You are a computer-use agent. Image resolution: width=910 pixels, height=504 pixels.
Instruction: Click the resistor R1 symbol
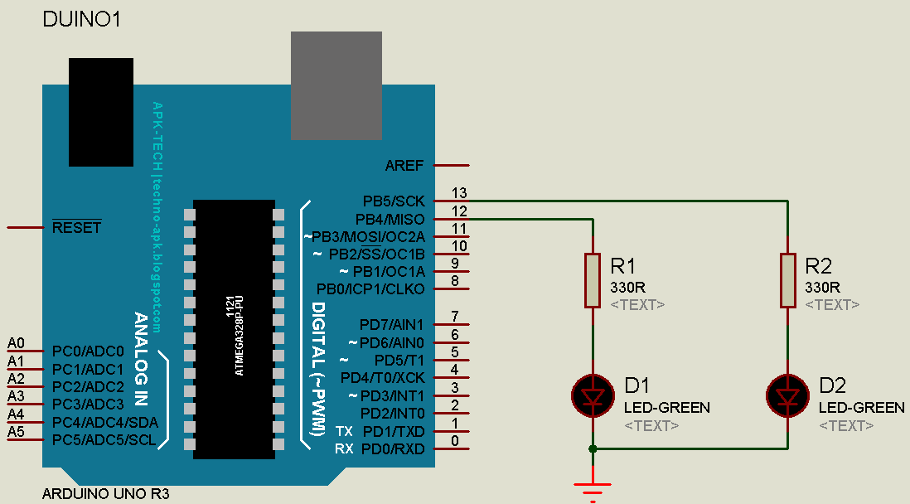pyautogui.click(x=592, y=280)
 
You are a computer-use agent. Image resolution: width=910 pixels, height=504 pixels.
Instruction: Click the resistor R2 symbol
pyautogui.click(x=787, y=280)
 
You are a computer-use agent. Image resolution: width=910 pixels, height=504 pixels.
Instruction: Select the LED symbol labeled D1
pyautogui.click(x=593, y=395)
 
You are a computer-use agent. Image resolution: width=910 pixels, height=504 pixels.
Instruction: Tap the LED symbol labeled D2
pyautogui.click(x=787, y=395)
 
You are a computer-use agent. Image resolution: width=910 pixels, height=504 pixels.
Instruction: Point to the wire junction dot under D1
pyautogui.click(x=592, y=448)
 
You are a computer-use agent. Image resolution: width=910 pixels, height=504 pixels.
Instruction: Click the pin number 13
pyautogui.click(x=459, y=192)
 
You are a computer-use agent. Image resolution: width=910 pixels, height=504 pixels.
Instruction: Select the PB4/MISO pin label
pyautogui.click(x=390, y=219)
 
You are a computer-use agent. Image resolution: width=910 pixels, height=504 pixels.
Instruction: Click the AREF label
pyautogui.click(x=404, y=165)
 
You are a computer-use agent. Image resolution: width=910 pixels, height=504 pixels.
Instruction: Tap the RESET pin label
pyautogui.click(x=76, y=227)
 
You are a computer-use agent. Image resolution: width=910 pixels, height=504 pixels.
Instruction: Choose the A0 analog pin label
pyautogui.click(x=16, y=343)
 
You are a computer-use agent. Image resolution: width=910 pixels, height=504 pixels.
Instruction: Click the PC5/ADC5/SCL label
pyautogui.click(x=104, y=440)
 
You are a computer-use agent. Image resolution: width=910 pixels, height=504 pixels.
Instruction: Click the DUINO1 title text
pyautogui.click(x=81, y=20)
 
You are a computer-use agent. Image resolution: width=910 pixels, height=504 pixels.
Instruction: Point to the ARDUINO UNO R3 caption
pyautogui.click(x=106, y=495)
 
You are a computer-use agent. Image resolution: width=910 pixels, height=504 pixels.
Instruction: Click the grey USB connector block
pyautogui.click(x=336, y=85)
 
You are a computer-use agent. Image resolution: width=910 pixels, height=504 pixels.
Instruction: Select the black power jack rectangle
pyautogui.click(x=100, y=112)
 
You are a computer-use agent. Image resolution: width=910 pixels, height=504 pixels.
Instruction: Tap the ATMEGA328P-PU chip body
pyautogui.click(x=234, y=328)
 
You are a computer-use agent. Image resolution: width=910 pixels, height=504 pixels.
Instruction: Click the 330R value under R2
pyautogui.click(x=822, y=287)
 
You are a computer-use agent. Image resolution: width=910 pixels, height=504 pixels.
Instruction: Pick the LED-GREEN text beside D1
pyautogui.click(x=666, y=407)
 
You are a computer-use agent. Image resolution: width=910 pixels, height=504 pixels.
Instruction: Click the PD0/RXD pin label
pyautogui.click(x=393, y=448)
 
